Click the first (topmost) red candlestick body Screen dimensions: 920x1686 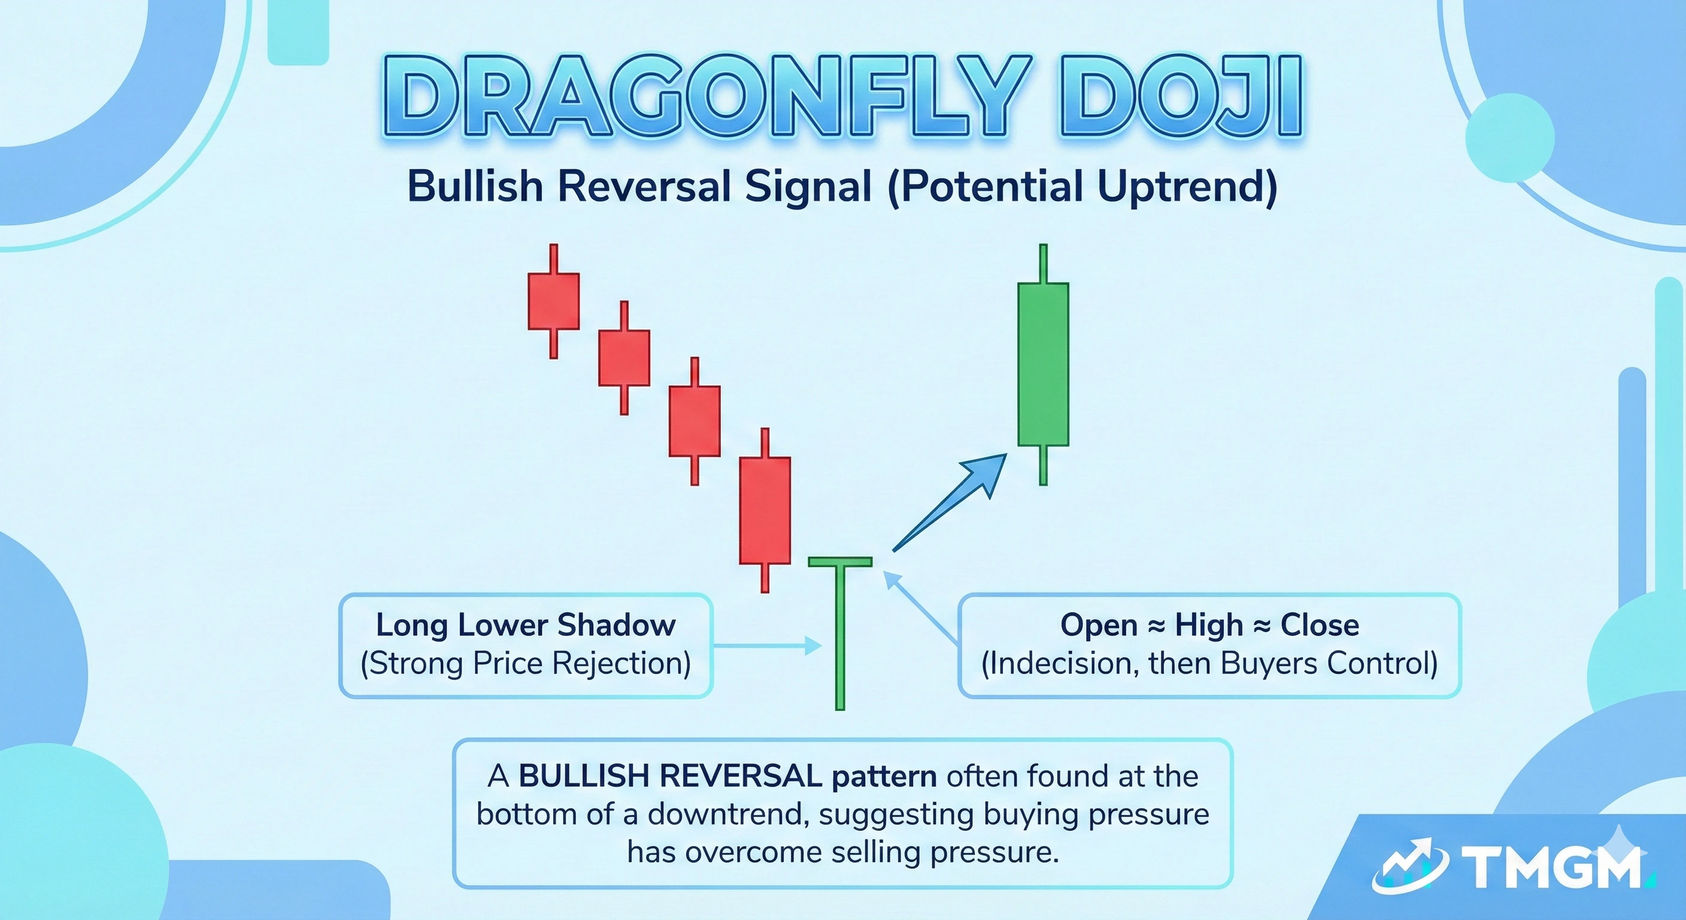(x=554, y=301)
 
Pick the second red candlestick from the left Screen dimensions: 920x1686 (x=624, y=358)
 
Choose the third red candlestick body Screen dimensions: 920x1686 (x=695, y=421)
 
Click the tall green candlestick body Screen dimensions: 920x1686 (x=1042, y=364)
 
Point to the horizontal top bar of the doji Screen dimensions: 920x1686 (x=841, y=561)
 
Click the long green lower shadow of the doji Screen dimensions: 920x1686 (x=841, y=641)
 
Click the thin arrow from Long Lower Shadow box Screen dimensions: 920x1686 (x=766, y=646)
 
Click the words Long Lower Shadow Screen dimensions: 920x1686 (x=526, y=625)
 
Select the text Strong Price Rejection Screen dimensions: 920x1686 (x=526, y=663)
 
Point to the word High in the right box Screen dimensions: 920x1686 (x=1208, y=625)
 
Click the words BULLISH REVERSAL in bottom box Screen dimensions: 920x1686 (x=670, y=777)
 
